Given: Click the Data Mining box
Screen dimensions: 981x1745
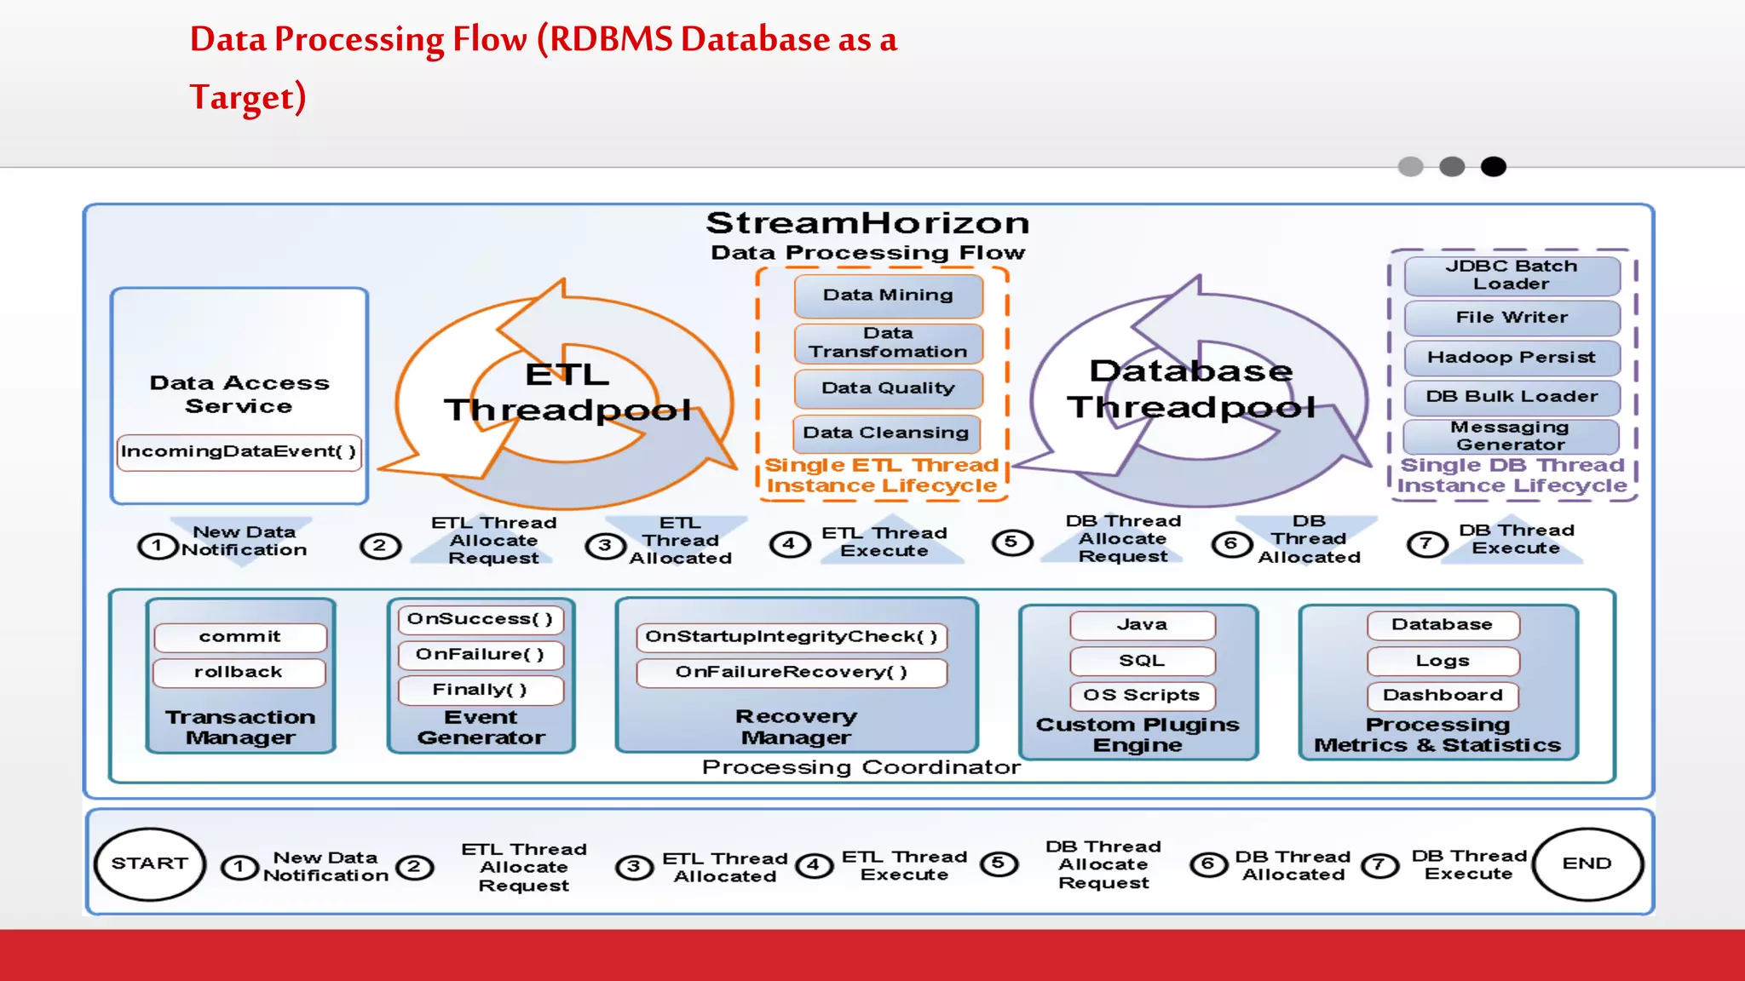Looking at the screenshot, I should pos(888,295).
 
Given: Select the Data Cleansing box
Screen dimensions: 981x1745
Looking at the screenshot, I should pos(886,433).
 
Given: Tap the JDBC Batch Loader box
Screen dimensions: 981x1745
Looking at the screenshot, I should pos(1512,275).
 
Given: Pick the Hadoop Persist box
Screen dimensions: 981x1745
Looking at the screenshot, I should pos(1512,358).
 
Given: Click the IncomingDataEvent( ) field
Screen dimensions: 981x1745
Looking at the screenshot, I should pos(239,451).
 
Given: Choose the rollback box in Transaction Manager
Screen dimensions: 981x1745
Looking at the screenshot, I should pos(239,672).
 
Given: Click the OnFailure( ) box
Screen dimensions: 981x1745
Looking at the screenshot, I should pos(480,654).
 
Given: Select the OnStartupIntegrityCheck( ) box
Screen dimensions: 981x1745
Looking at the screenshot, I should pos(791,637).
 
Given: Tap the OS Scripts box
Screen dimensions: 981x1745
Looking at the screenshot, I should pos(1142,695).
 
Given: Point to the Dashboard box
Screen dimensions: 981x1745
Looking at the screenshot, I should pos(1443,695).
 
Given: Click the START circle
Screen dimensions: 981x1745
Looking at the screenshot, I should pos(150,863).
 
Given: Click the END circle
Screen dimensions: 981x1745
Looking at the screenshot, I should pos(1587,863).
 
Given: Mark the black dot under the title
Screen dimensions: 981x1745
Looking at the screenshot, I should pos(1493,167).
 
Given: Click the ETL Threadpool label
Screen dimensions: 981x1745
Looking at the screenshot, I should pos(567,393).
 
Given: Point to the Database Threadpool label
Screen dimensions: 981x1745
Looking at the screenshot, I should pos(1191,389).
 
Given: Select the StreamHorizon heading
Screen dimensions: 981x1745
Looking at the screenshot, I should pos(867,223).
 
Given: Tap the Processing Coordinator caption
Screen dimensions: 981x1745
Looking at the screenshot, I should pos(861,767).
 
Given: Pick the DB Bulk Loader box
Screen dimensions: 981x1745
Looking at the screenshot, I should pos(1512,397).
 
